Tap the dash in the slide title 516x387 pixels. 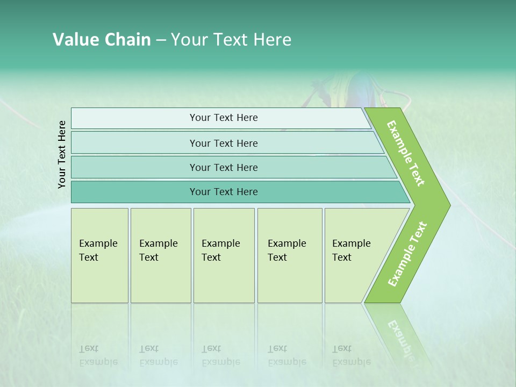coord(161,40)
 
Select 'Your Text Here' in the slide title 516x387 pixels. coord(231,40)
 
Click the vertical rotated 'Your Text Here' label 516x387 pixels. coord(62,154)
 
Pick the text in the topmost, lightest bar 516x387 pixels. coord(224,118)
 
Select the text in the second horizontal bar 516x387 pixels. coord(224,143)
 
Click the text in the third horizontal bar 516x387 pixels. coord(224,167)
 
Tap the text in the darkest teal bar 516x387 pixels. coord(224,192)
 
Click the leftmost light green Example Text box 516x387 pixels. coord(99,255)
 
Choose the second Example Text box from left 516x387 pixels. coord(161,255)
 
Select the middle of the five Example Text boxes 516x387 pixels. coord(224,255)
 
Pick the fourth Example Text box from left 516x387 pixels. coord(290,255)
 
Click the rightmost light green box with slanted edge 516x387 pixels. coord(357,255)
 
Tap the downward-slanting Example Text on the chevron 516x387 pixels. coord(406,153)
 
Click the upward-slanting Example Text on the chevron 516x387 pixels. coord(407,254)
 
